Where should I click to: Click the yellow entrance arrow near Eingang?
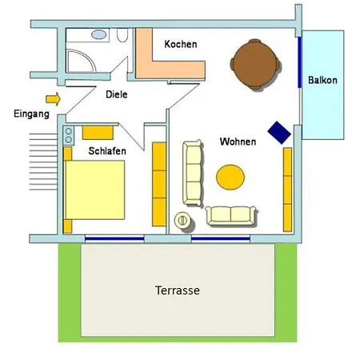click(54, 99)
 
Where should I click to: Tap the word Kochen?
click(181, 44)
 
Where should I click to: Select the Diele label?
click(117, 94)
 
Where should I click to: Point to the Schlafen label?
click(107, 151)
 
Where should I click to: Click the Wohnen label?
click(238, 142)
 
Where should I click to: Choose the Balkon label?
click(322, 80)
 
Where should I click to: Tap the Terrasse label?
click(178, 290)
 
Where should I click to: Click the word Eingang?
click(31, 114)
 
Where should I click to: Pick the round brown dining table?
click(255, 64)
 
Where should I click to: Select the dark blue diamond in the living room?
click(279, 133)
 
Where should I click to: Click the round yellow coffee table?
click(230, 178)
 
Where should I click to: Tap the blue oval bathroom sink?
click(99, 34)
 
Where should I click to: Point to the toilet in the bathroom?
click(122, 35)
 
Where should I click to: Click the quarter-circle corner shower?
click(81, 61)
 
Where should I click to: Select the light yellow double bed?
click(95, 190)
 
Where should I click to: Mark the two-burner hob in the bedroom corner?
click(69, 135)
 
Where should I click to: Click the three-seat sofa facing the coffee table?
click(192, 173)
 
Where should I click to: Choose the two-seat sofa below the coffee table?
click(230, 215)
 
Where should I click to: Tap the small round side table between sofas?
click(182, 221)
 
